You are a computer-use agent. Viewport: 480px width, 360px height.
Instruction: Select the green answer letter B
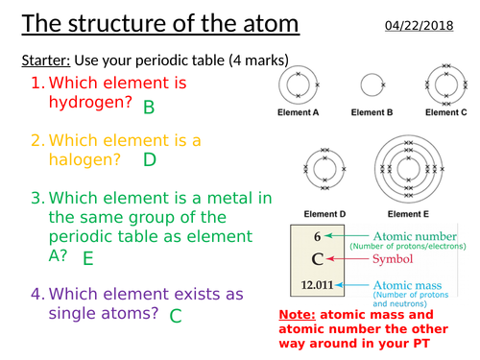149,108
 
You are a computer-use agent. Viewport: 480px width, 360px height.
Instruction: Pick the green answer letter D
149,159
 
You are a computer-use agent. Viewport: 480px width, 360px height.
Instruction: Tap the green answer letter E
87,257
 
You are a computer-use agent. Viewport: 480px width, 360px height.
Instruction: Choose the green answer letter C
176,314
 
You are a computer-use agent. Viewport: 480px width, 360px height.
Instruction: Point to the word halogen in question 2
83,160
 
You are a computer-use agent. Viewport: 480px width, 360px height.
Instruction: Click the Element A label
300,112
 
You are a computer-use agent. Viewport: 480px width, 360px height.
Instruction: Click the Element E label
410,213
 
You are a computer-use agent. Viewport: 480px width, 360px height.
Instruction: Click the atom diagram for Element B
372,86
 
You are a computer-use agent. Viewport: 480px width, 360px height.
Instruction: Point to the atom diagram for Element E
410,169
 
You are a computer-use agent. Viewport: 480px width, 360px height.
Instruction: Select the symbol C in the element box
316,258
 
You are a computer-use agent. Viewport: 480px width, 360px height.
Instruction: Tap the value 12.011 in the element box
316,285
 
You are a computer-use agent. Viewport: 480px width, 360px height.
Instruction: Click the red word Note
298,314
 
